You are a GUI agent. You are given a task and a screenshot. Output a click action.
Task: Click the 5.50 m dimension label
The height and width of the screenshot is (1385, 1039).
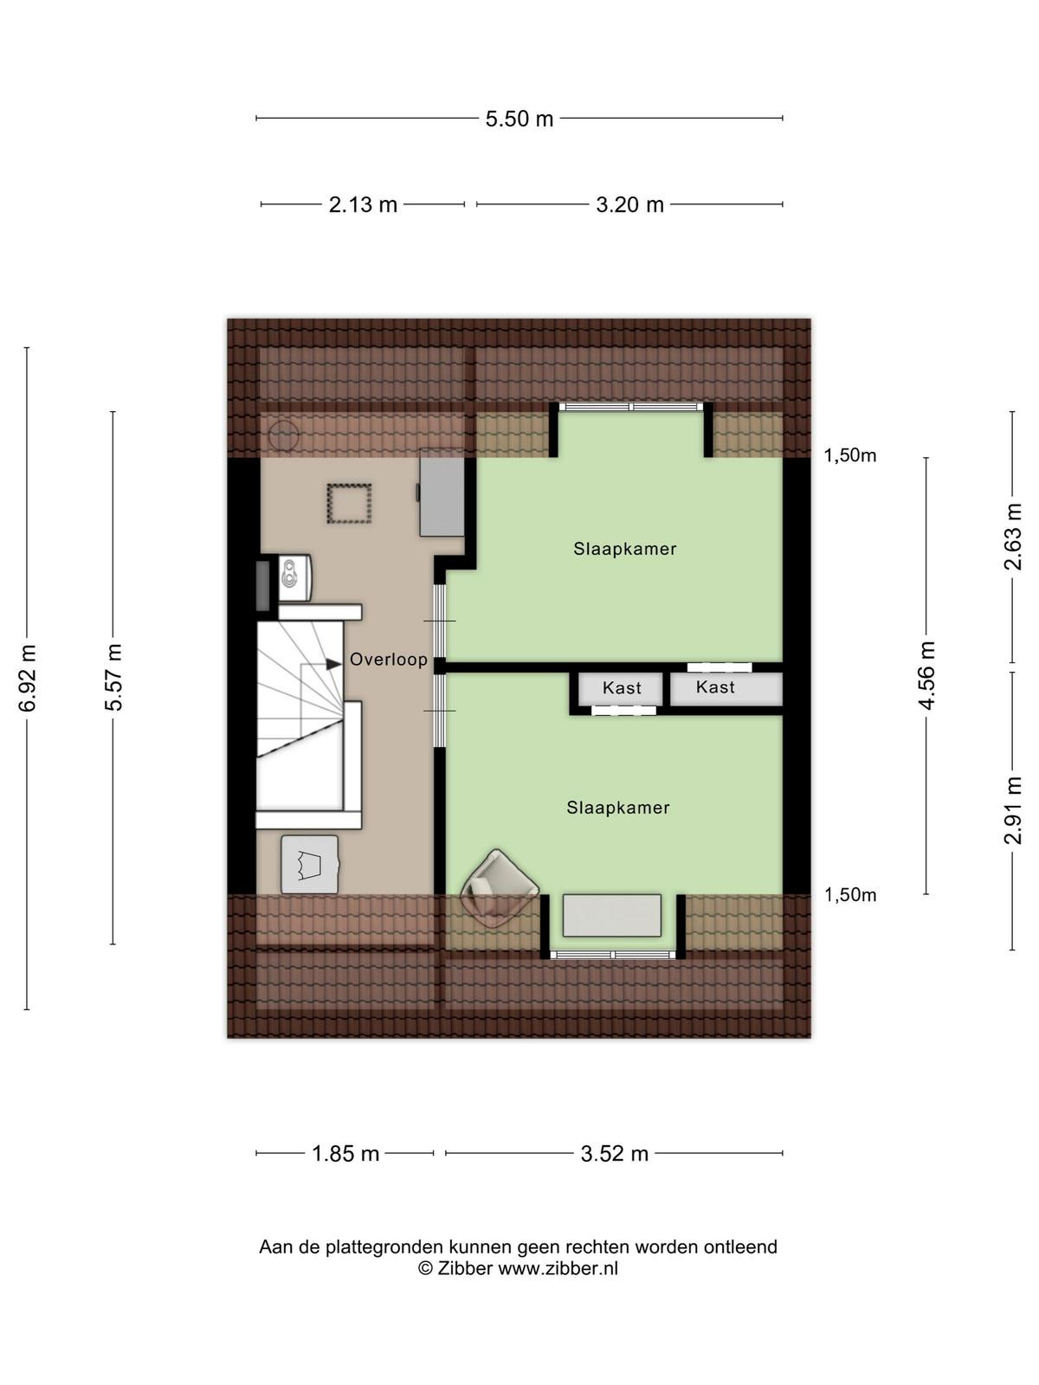tap(519, 119)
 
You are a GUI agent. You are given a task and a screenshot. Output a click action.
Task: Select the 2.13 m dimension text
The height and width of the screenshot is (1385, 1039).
tap(363, 204)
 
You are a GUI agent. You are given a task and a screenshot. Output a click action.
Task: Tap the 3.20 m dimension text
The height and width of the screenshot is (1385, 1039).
tap(629, 204)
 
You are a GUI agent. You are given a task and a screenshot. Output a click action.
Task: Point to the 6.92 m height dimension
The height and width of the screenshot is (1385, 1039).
tap(27, 679)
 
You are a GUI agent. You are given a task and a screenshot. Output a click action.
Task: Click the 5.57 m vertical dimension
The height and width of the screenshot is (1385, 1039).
tap(113, 678)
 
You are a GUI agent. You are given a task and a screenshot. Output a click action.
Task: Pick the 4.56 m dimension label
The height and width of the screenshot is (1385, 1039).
tap(926, 675)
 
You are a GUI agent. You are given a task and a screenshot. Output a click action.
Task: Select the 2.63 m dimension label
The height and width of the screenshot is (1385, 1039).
tap(1012, 537)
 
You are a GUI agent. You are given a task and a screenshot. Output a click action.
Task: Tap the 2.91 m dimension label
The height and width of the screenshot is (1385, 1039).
tap(1012, 810)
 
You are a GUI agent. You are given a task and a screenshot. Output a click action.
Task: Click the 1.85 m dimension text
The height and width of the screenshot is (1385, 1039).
tap(345, 1153)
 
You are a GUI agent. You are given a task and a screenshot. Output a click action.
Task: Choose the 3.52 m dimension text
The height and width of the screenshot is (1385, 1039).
tap(615, 1153)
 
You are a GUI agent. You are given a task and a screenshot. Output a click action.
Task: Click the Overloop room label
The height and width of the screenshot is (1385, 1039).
tap(389, 660)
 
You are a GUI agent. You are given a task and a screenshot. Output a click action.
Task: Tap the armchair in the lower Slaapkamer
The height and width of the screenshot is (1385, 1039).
tap(500, 888)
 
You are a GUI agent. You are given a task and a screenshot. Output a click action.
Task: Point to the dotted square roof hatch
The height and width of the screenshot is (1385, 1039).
tap(349, 503)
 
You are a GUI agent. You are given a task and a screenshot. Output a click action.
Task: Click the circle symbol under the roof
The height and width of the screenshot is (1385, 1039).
tap(283, 435)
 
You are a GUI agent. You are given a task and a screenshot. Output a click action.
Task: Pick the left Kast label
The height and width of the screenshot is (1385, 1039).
tap(622, 688)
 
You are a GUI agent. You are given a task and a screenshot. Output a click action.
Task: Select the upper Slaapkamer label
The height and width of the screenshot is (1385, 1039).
tap(624, 549)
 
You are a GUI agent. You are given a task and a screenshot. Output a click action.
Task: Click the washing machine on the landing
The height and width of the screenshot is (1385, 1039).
tap(310, 865)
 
